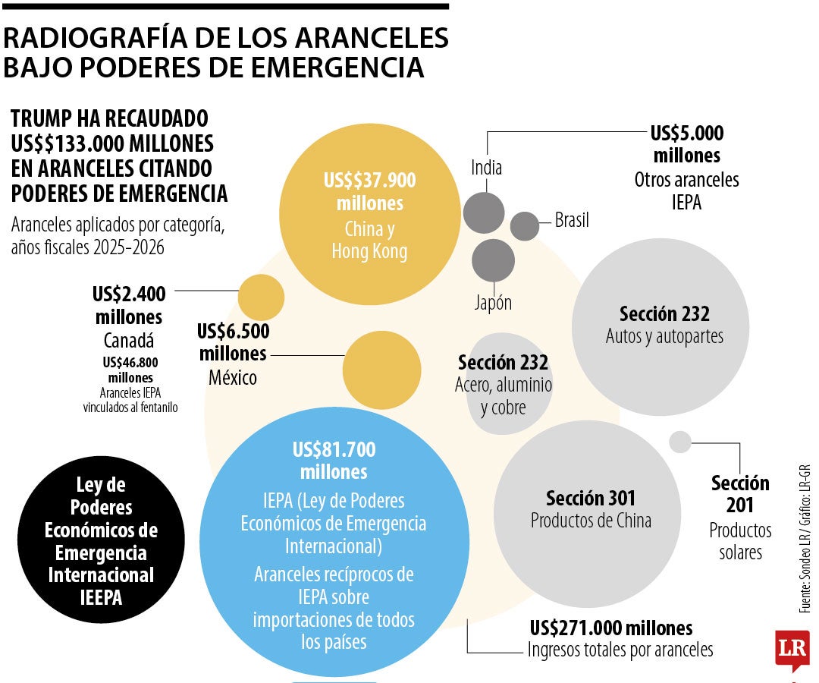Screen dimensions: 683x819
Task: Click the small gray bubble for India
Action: [483, 212]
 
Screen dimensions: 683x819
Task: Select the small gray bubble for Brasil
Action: [524, 225]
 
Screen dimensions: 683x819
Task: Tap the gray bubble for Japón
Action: [493, 260]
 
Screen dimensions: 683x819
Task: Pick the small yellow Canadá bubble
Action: [261, 297]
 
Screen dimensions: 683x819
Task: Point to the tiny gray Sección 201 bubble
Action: [680, 442]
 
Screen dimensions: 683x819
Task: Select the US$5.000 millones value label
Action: [686, 144]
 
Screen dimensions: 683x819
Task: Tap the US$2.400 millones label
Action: [128, 305]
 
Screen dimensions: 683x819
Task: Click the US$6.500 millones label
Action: [232, 342]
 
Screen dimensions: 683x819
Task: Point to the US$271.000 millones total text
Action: [610, 628]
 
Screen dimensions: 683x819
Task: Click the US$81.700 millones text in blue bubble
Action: [334, 461]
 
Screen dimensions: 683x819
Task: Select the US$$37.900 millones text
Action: [369, 192]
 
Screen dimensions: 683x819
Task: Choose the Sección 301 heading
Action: [591, 499]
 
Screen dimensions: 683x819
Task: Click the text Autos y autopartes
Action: [664, 336]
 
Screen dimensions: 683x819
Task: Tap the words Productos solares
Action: [740, 541]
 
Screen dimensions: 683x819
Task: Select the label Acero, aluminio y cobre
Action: [504, 396]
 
